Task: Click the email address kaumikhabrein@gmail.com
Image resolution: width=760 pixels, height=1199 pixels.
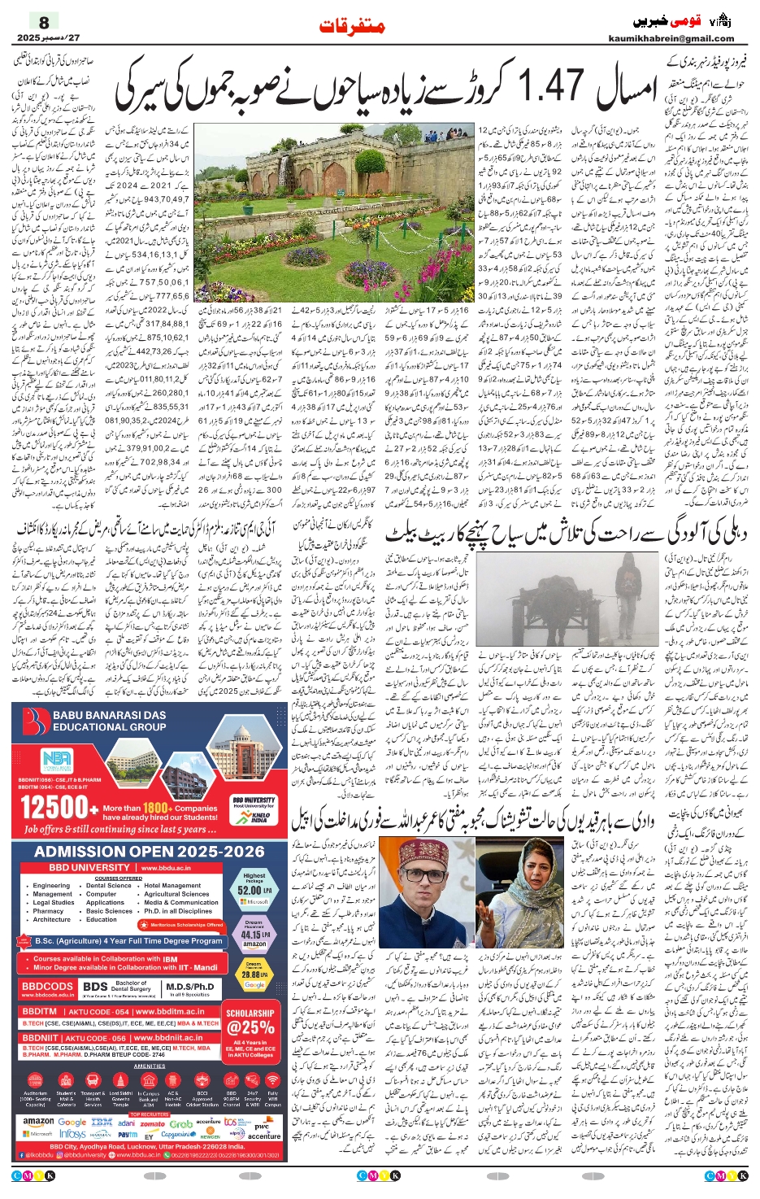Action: click(x=671, y=38)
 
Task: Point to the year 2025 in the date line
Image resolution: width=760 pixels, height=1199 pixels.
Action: click(x=28, y=37)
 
